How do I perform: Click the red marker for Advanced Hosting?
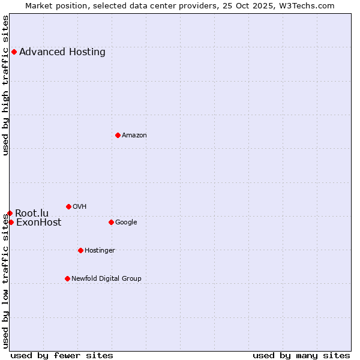coord(14,52)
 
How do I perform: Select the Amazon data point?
coord(118,135)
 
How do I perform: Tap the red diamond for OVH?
coord(68,206)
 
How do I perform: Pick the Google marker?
coord(111,222)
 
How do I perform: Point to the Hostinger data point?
coord(80,250)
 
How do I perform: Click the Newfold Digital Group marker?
coord(67,278)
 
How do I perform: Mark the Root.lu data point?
coord(10,213)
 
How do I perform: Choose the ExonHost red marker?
coord(11,222)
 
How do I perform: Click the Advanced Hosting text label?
coord(62,52)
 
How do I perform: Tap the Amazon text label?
coord(134,135)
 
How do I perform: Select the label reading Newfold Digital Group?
coord(106,278)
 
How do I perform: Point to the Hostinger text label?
coord(100,250)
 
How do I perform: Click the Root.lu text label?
coord(32,213)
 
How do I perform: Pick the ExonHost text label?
coord(38,223)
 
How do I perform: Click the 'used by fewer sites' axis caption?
coord(62,355)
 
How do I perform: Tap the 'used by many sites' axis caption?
coord(301,355)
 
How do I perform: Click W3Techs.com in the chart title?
coord(310,5)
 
